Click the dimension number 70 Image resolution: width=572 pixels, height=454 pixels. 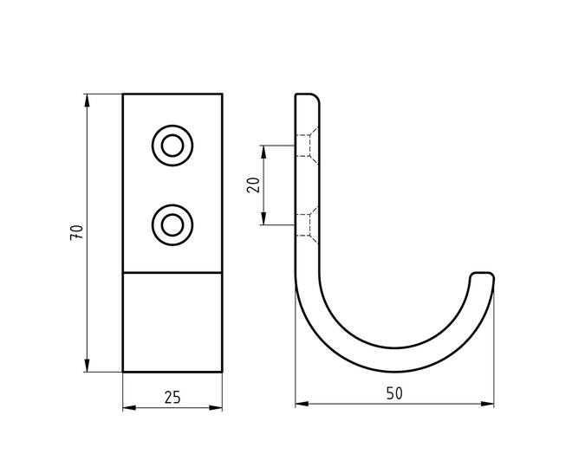(77, 232)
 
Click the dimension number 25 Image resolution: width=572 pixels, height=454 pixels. (172, 398)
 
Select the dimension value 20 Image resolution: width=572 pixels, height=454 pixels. (254, 185)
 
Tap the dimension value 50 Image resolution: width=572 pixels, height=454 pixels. (394, 393)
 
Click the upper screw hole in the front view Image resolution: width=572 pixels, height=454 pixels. (172, 146)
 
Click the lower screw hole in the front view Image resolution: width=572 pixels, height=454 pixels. (172, 225)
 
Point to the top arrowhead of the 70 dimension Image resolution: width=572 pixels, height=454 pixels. (87, 101)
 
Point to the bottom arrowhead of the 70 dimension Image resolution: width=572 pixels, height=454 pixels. (87, 366)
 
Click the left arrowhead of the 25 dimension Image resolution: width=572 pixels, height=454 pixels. (129, 408)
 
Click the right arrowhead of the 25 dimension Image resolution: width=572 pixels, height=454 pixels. (216, 408)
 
